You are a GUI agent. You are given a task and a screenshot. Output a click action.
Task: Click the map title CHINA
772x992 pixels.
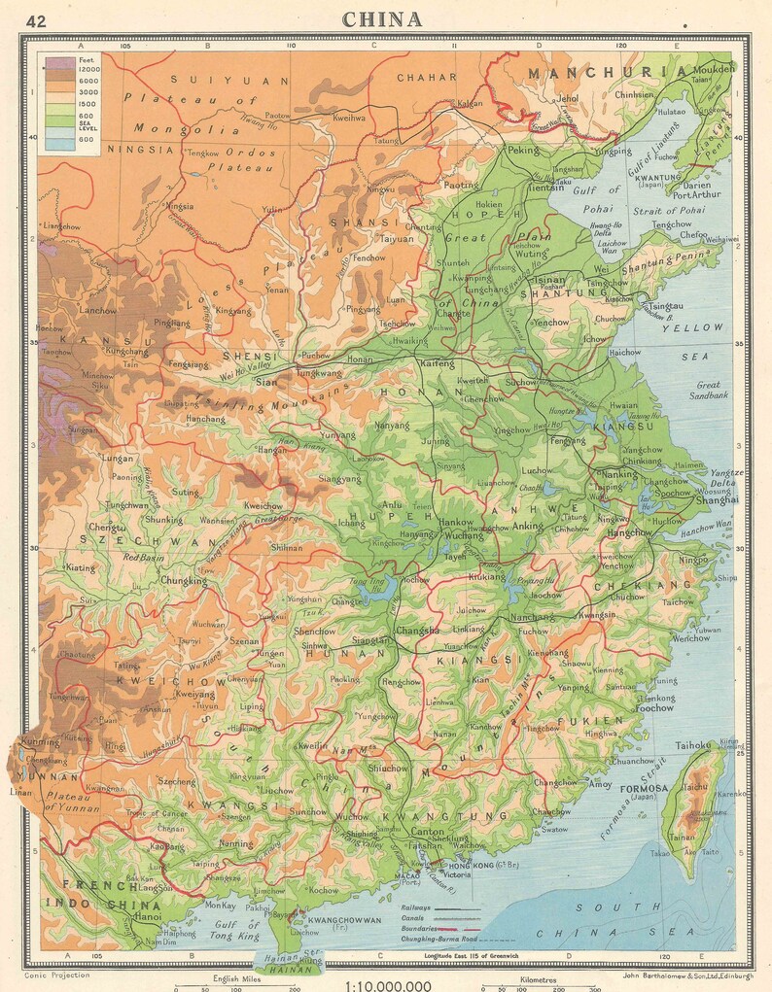click(382, 19)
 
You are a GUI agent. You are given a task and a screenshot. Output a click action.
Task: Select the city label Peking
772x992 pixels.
click(522, 152)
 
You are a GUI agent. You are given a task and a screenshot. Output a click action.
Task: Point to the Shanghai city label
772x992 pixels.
click(717, 500)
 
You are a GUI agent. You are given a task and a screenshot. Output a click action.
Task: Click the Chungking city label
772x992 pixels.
click(186, 582)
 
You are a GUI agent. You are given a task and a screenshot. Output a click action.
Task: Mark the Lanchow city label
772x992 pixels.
click(96, 310)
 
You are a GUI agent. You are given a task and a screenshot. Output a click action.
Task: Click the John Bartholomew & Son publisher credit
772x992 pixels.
click(679, 973)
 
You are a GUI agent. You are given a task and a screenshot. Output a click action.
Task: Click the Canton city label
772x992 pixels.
click(428, 831)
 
